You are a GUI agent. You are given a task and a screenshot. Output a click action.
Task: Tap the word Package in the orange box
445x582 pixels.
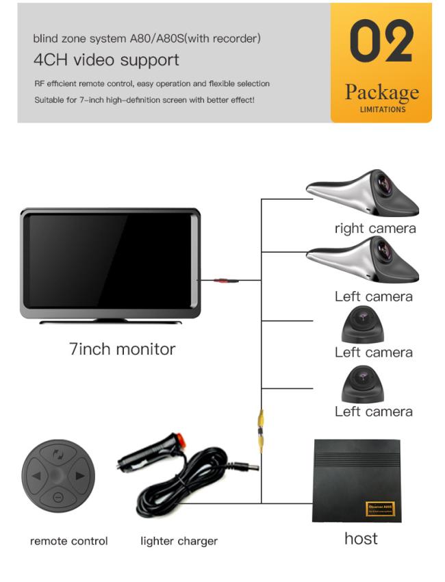point(381,92)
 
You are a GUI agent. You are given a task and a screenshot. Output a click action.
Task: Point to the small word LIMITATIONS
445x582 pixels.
point(382,109)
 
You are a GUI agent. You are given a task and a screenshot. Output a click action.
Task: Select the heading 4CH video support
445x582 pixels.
point(106,60)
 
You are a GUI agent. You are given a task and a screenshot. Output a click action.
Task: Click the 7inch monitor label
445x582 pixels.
point(122,349)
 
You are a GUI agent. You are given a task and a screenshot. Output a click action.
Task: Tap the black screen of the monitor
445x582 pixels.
point(110,260)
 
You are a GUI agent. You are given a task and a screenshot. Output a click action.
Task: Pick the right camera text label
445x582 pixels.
point(374,228)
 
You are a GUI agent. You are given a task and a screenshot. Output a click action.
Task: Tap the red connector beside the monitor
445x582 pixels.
point(222,279)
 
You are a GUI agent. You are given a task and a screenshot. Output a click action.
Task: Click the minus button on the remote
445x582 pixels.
point(58,496)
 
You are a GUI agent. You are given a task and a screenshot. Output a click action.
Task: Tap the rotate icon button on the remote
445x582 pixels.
point(58,454)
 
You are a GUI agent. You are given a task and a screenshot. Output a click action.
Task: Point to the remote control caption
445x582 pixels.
point(68,541)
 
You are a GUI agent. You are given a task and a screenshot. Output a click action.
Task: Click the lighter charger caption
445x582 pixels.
point(179,541)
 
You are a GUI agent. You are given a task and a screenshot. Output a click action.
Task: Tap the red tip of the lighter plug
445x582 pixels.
point(182,436)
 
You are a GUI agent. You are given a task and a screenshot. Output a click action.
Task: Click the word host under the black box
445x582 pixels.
point(361,538)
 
